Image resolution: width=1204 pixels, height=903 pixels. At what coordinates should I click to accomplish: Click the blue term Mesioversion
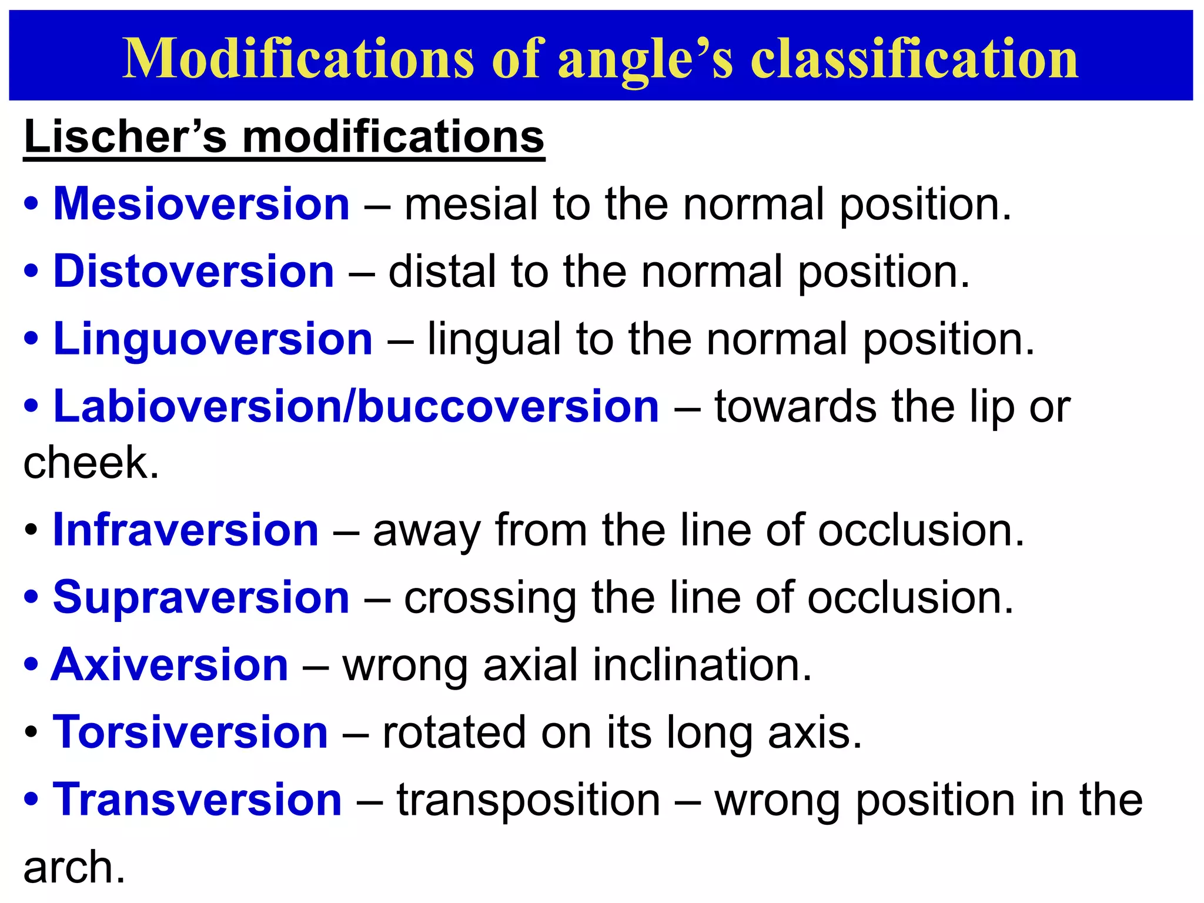201,204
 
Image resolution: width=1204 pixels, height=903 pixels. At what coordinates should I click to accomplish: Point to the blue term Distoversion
193,272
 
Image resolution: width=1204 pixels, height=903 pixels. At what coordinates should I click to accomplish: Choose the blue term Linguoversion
213,339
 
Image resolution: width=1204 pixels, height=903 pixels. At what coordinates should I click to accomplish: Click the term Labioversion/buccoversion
356,407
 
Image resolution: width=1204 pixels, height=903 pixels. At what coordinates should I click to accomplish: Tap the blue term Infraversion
185,530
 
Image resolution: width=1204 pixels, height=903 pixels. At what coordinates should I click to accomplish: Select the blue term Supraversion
201,598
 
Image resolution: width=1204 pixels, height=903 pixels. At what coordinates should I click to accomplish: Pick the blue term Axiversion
170,665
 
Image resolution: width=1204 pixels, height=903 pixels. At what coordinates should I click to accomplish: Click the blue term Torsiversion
190,733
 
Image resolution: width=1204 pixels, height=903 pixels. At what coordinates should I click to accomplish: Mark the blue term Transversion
197,800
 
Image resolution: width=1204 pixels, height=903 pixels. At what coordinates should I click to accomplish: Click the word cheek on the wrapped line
91,463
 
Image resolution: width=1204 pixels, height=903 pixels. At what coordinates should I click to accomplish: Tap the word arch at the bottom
74,868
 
